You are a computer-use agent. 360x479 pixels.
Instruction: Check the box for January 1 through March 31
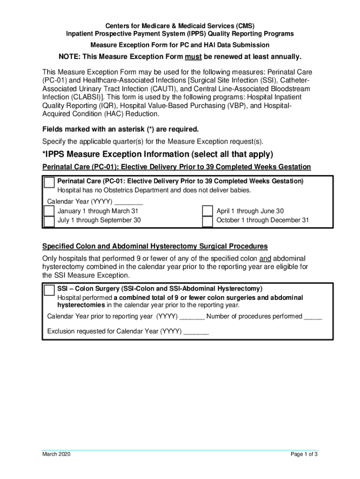(x=49, y=211)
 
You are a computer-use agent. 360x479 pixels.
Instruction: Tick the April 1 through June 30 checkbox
(x=208, y=211)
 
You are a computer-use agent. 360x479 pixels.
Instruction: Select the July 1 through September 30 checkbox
(x=49, y=221)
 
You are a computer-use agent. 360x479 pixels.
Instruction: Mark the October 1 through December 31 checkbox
(x=208, y=221)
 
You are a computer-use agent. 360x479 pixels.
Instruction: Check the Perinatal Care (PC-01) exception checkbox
(x=49, y=182)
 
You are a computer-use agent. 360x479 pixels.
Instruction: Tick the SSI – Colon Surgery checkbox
(x=49, y=290)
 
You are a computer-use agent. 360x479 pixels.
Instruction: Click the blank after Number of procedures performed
(x=313, y=317)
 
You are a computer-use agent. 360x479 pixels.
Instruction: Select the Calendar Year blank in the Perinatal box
(x=129, y=203)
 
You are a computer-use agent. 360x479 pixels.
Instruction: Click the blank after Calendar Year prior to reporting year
(x=192, y=317)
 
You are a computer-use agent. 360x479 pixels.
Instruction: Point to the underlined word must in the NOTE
(x=193, y=57)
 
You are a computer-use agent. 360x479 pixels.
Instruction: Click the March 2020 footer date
(x=56, y=454)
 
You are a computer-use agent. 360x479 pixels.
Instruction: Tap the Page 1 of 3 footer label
(x=304, y=454)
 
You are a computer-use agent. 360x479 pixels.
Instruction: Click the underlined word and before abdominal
(x=265, y=259)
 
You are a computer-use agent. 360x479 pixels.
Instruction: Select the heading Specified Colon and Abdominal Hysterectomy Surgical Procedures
(x=155, y=246)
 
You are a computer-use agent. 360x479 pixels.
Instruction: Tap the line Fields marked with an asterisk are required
(x=121, y=129)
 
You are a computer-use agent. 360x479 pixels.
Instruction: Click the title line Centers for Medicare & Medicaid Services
(x=180, y=26)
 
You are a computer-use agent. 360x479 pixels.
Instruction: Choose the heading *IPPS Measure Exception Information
(x=158, y=155)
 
